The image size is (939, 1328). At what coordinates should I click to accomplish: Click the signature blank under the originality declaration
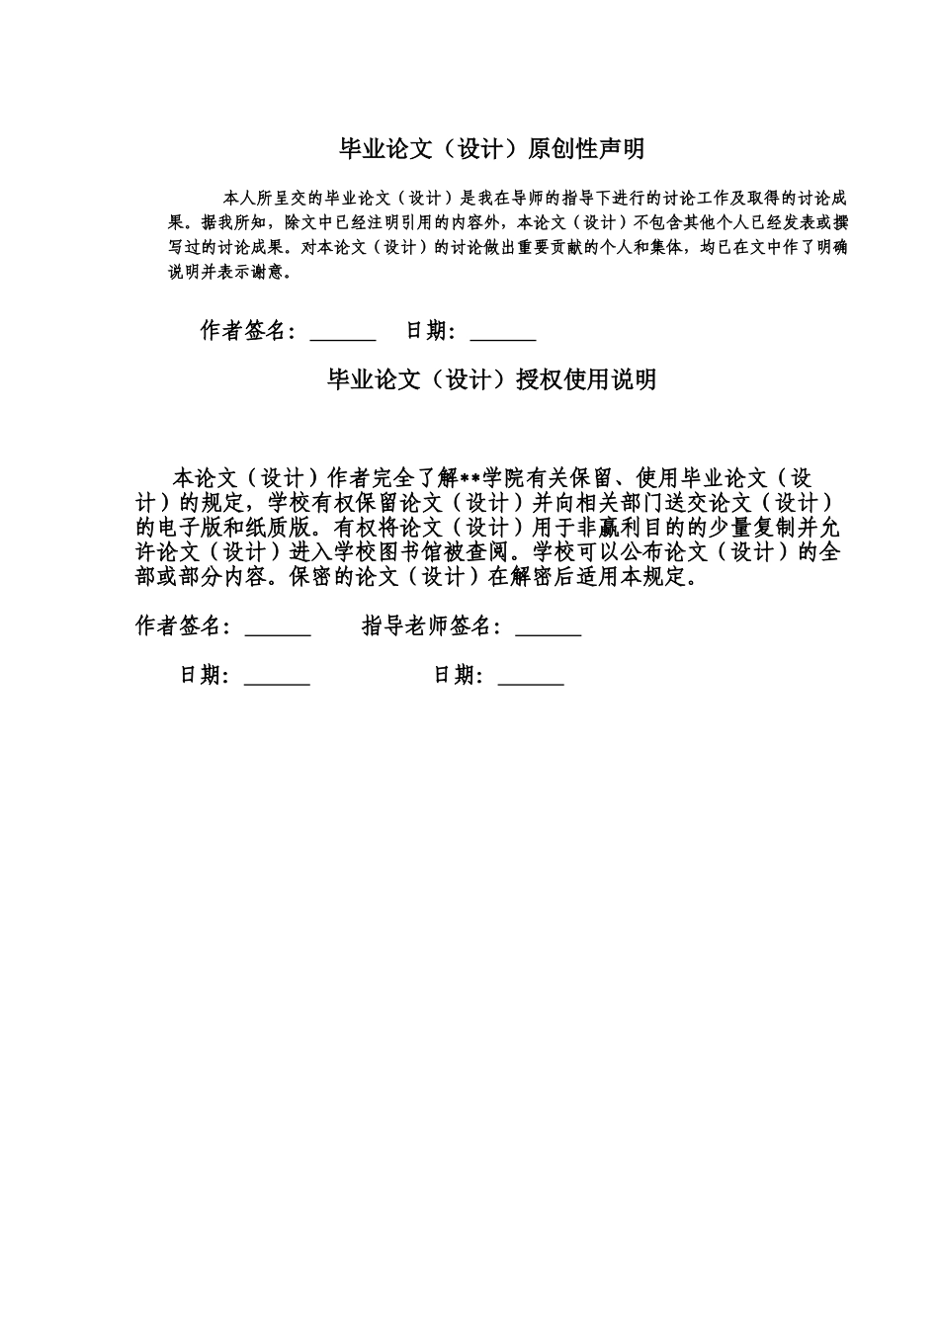(x=343, y=332)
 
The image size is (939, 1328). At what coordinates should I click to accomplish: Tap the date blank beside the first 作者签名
(x=502, y=332)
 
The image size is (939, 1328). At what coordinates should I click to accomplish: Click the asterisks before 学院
(x=469, y=478)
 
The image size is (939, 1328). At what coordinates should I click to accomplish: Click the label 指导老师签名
(x=432, y=626)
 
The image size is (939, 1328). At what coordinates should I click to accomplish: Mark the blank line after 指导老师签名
(x=549, y=628)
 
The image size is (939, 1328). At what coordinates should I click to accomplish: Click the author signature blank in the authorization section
(x=278, y=628)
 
